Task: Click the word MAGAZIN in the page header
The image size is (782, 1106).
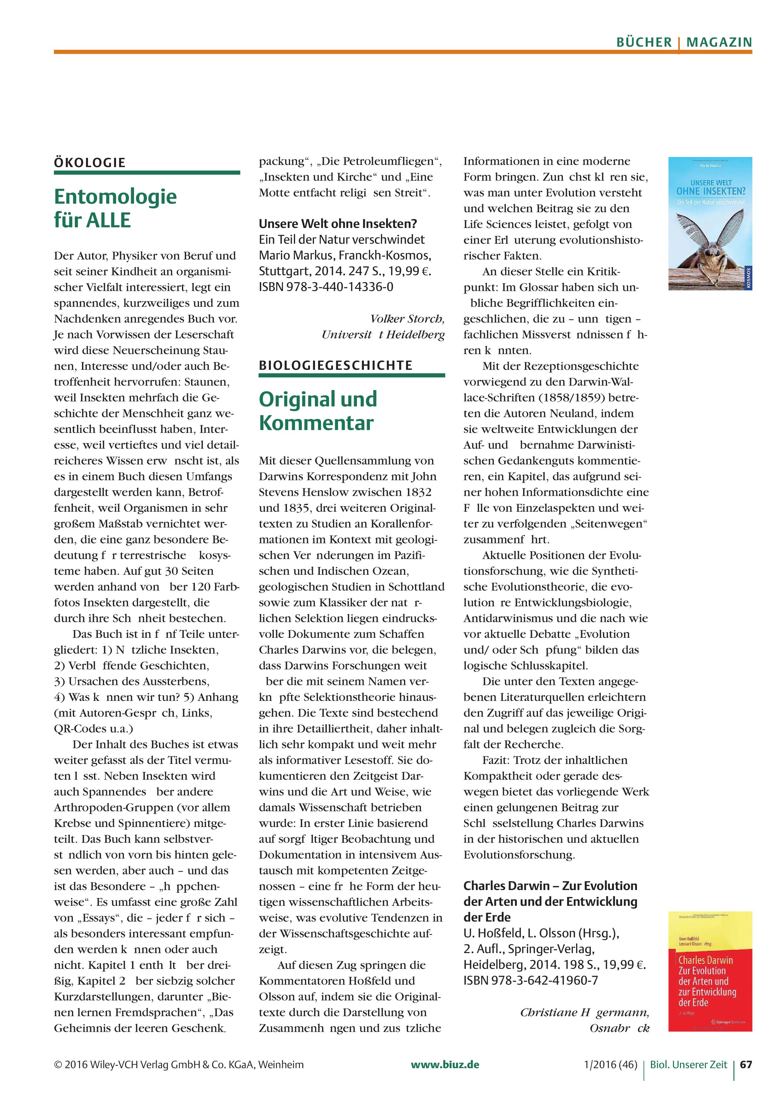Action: pyautogui.click(x=719, y=42)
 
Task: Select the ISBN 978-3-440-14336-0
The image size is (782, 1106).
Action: pyautogui.click(x=326, y=287)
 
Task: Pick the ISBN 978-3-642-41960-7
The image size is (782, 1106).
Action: pyautogui.click(x=530, y=980)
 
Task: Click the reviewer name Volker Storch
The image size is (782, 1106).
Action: pyautogui.click(x=407, y=319)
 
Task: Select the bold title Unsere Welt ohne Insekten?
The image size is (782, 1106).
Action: pyautogui.click(x=338, y=224)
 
